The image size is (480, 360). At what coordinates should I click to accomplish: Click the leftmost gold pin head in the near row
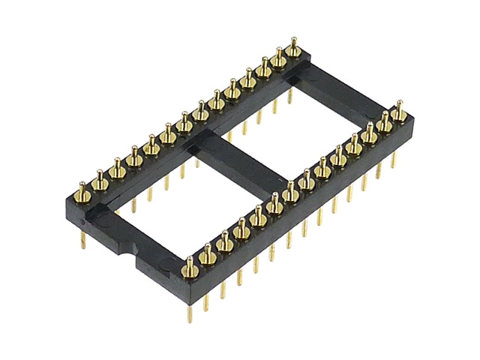point(188,262)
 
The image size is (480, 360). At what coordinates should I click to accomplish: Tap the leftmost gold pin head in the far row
point(83,184)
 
